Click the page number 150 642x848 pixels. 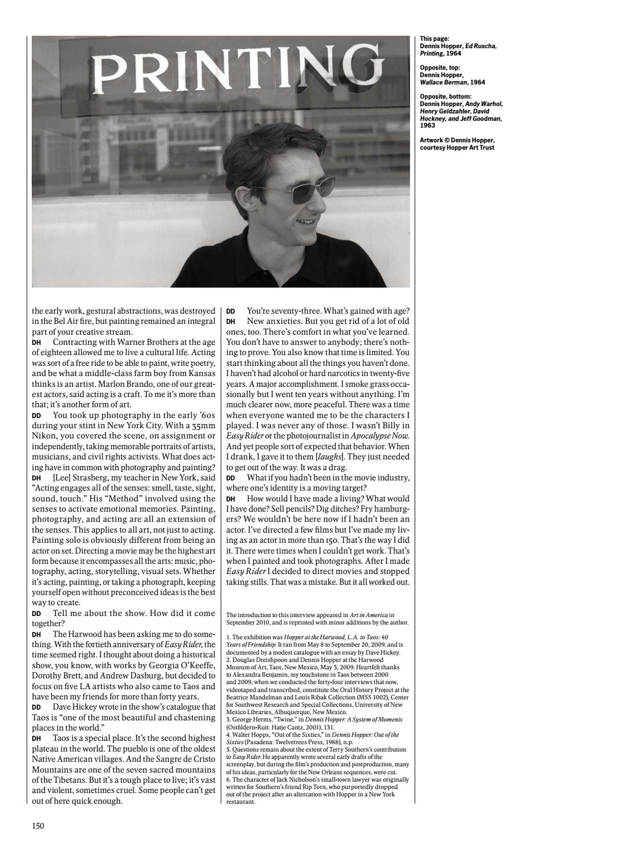[38, 826]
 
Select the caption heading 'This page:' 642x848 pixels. [434, 39]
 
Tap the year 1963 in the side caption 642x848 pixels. [428, 125]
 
